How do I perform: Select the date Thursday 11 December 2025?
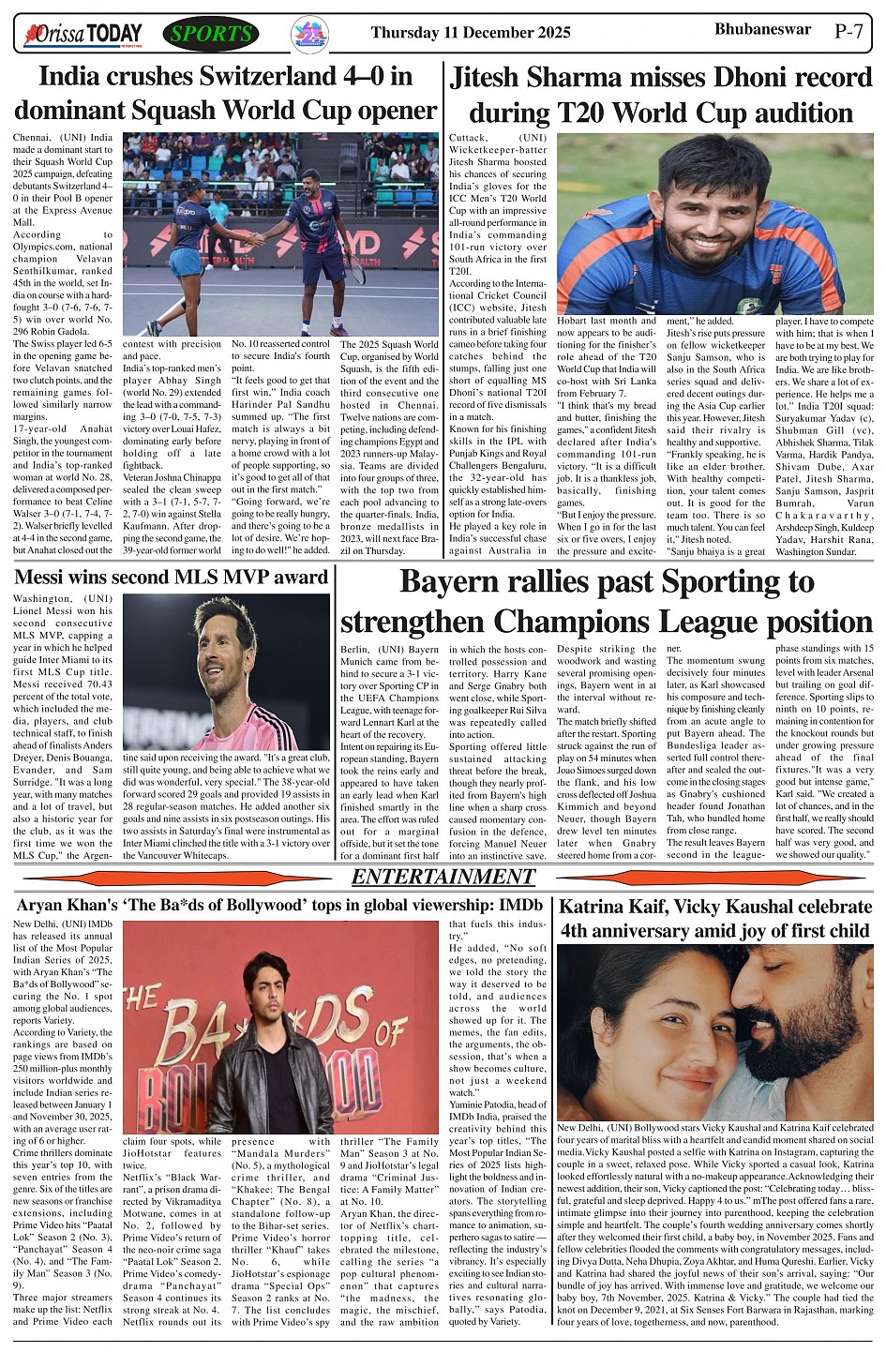(470, 33)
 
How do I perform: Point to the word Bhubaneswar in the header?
(762, 29)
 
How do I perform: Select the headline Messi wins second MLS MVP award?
(171, 578)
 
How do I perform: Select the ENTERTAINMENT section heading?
(443, 878)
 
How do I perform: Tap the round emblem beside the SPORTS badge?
(309, 34)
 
